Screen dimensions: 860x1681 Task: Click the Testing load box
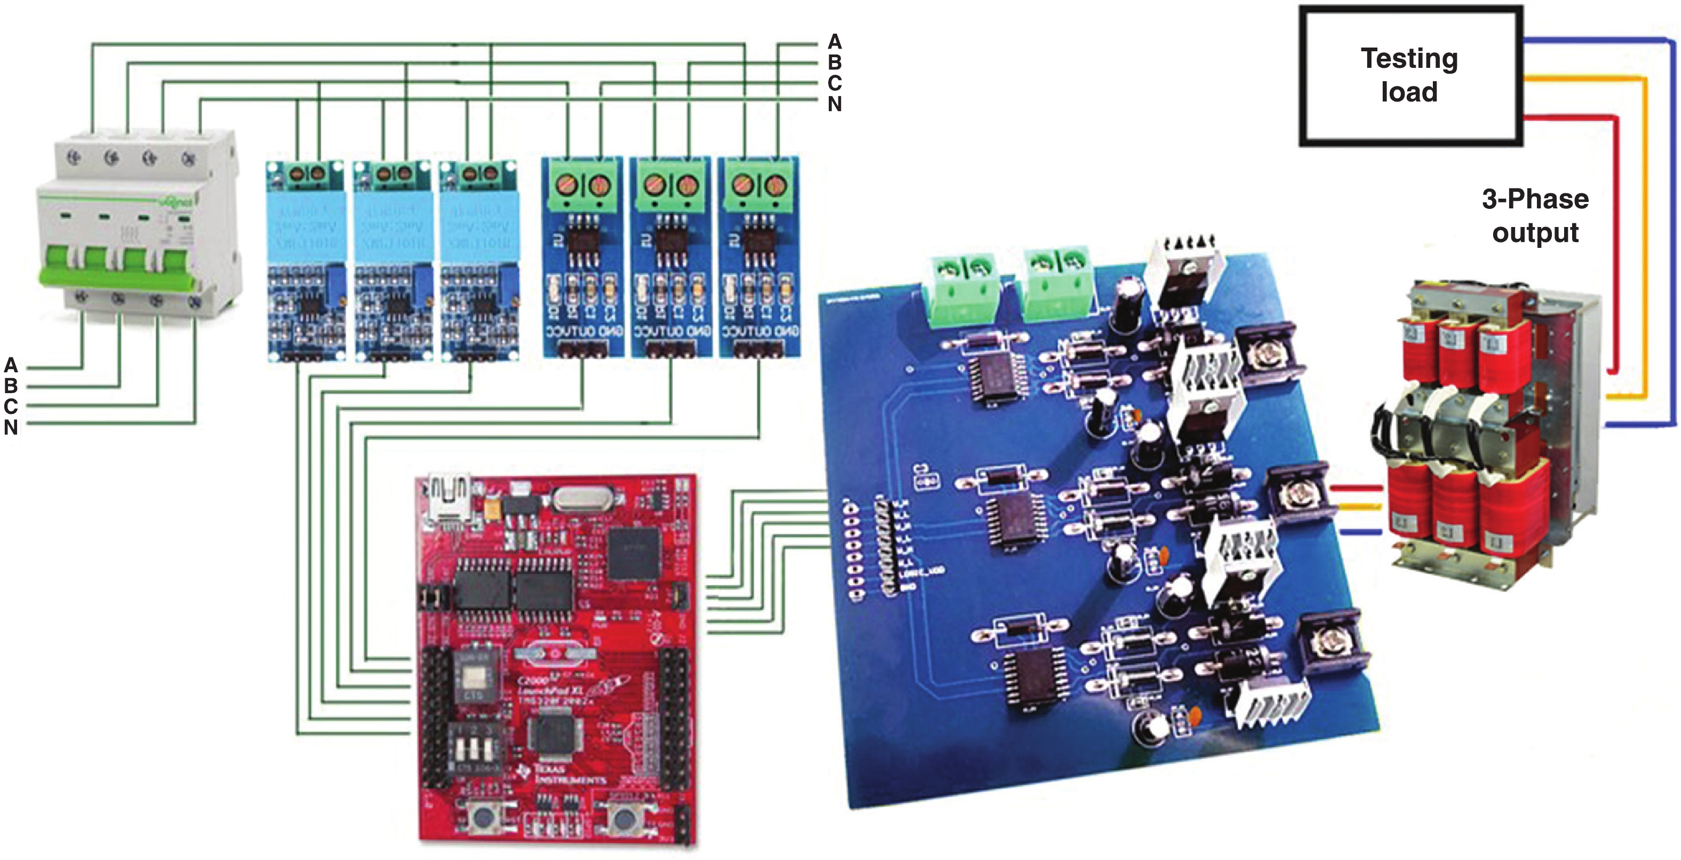point(1409,75)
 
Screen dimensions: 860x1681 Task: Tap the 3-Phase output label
point(1535,215)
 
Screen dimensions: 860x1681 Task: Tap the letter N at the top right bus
point(835,104)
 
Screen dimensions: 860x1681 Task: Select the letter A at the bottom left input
point(11,364)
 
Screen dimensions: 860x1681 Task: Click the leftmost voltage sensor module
point(305,261)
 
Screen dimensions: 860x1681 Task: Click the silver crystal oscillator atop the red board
point(581,499)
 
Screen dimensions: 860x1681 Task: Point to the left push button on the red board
point(483,816)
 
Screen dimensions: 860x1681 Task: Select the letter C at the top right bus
point(835,83)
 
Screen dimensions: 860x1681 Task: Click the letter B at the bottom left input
point(11,385)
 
